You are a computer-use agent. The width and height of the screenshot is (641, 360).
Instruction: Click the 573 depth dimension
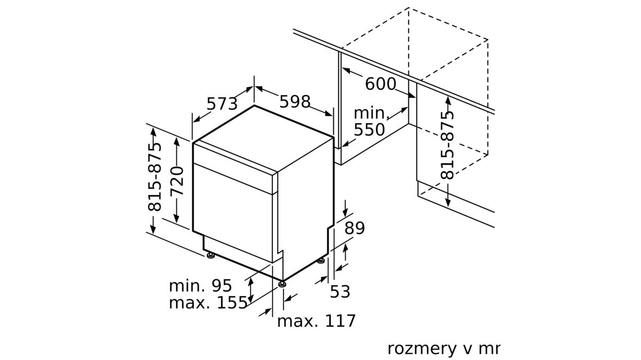coord(222,103)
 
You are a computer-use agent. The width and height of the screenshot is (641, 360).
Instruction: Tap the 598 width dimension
coord(295,101)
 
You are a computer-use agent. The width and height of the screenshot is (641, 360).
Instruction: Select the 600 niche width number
coord(380,84)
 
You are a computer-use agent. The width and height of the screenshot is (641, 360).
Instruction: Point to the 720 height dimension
coord(177,181)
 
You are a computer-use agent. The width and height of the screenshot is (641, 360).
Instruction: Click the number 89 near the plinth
coord(355,228)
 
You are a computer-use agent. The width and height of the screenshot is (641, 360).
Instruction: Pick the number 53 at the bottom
coord(340,292)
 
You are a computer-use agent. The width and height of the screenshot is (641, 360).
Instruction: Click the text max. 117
coord(316,321)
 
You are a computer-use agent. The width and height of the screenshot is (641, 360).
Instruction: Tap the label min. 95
coord(200,286)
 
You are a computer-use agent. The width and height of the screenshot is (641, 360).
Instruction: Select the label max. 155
coord(208,302)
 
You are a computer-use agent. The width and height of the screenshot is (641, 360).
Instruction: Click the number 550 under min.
coord(370,130)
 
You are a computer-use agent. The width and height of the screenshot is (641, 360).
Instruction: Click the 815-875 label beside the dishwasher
coord(154,177)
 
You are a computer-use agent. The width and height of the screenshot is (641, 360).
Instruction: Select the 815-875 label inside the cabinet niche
coord(447,145)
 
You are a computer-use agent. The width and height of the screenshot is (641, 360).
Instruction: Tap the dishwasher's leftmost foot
coord(211,255)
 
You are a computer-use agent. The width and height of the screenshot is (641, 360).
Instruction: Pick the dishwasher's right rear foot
coord(321,261)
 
